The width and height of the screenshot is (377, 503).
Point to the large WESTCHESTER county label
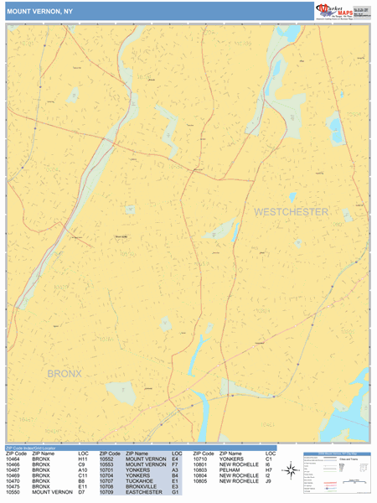tap(291, 212)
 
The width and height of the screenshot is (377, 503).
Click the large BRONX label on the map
tap(65, 373)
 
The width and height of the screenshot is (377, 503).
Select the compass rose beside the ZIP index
tap(291, 470)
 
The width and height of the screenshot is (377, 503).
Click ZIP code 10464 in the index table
tap(14, 459)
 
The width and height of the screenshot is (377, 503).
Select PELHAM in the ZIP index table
tap(228, 470)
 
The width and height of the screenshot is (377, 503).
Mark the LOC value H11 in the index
tap(83, 459)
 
